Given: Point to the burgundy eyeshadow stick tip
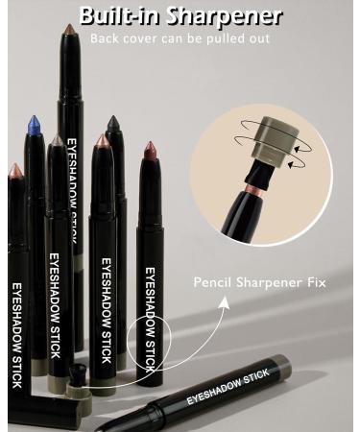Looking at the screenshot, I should pos(151,151).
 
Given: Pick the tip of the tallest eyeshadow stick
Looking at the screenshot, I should pos(68,34).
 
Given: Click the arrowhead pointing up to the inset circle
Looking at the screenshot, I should pos(227,300).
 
